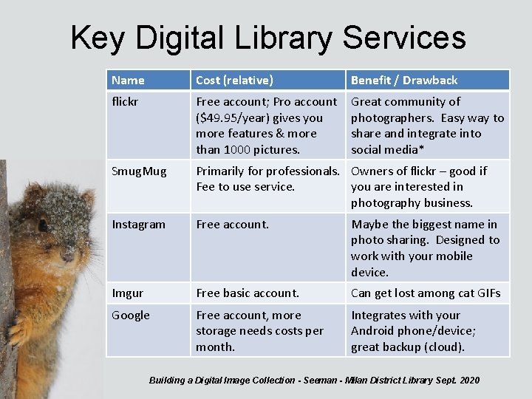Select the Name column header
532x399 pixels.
point(128,80)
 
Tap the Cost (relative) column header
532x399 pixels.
point(234,80)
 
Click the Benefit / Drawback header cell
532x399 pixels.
point(404,80)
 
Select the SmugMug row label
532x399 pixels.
point(139,171)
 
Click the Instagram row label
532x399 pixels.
point(138,224)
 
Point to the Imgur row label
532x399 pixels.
point(127,293)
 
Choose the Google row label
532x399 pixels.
point(130,316)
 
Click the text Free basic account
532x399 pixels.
point(248,293)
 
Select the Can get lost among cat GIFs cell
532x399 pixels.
point(426,293)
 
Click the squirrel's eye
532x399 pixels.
point(42,225)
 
